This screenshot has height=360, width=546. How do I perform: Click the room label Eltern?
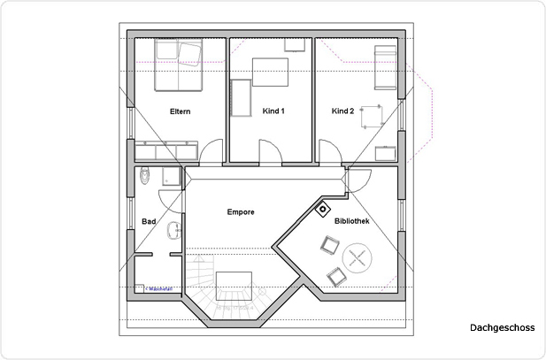point(181,111)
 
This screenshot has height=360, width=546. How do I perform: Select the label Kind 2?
point(342,111)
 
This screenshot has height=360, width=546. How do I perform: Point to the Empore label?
point(241,212)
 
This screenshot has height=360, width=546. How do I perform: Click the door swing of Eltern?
point(211,152)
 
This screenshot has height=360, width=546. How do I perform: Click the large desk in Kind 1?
point(269,70)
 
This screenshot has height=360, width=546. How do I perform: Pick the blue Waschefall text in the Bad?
point(159,287)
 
